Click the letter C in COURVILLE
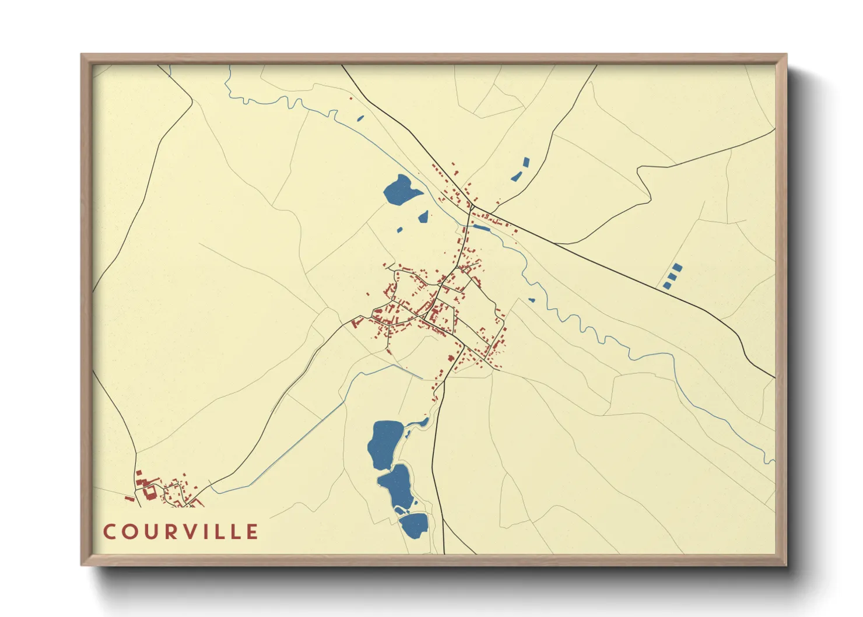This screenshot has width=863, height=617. (110, 532)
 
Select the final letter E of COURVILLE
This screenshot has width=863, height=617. (252, 532)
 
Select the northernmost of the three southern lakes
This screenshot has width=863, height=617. (384, 444)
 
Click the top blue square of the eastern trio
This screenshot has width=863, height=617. (677, 268)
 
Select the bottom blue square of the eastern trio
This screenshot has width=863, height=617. (666, 285)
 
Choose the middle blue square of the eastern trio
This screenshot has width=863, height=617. (672, 276)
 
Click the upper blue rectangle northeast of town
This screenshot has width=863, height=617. (526, 162)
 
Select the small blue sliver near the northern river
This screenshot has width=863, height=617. (360, 118)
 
